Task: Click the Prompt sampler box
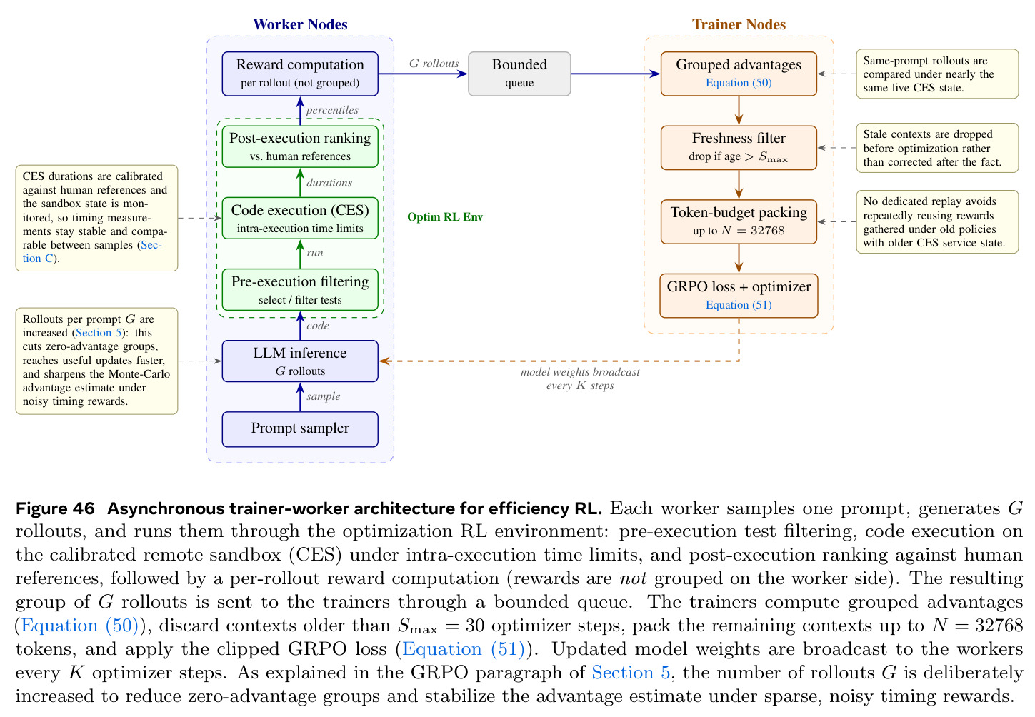click(300, 429)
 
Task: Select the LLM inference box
click(300, 361)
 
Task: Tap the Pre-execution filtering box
click(300, 290)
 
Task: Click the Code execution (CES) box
click(300, 218)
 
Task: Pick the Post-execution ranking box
click(300, 146)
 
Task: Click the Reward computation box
click(300, 74)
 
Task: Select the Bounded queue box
click(519, 74)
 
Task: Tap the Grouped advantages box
click(739, 74)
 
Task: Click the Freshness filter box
click(739, 148)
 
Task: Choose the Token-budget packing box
click(739, 222)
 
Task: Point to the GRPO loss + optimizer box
click(739, 296)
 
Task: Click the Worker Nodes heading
click(300, 24)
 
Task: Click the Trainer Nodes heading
click(739, 24)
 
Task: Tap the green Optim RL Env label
click(445, 217)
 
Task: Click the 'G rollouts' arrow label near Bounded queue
click(434, 64)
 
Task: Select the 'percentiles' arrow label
click(332, 110)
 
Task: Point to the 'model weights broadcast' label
click(580, 372)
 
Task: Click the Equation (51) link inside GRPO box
click(739, 305)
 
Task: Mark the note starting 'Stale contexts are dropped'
click(937, 148)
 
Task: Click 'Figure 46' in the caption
click(55, 508)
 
